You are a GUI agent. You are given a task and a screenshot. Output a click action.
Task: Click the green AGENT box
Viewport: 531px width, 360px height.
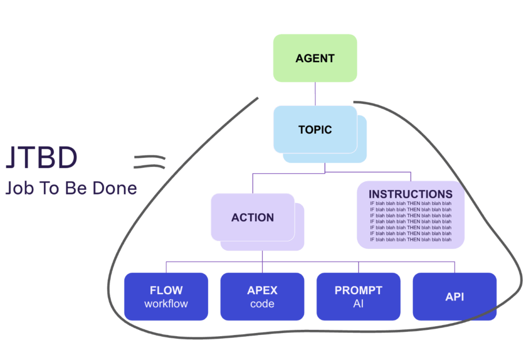[315, 58]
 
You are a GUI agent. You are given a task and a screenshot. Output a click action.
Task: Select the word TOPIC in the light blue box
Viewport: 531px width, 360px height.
[315, 130]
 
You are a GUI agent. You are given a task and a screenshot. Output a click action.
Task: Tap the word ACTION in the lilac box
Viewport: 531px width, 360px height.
[253, 217]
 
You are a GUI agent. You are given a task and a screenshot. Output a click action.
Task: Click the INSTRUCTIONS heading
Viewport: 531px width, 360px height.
[410, 194]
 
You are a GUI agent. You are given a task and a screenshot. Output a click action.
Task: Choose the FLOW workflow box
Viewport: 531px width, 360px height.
[166, 296]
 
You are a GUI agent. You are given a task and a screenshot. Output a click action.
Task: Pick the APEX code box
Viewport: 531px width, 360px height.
[262, 296]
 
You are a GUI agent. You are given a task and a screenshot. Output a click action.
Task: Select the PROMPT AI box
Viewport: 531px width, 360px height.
[358, 296]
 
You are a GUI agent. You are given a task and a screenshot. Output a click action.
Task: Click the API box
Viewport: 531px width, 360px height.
[454, 296]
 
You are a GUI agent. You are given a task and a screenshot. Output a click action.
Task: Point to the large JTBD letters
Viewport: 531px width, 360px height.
[41, 158]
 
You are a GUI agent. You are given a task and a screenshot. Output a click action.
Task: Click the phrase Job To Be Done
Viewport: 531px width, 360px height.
[71, 188]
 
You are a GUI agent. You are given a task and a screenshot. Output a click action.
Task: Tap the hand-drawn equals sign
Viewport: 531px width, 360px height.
[149, 162]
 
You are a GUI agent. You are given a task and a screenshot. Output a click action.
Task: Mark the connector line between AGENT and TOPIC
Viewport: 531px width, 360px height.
[315, 94]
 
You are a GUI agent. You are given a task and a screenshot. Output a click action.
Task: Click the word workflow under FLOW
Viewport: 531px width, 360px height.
[166, 303]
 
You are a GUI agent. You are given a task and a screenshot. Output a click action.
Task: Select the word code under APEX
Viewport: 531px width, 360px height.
[262, 303]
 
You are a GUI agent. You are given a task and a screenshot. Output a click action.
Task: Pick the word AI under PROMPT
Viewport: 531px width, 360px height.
[358, 303]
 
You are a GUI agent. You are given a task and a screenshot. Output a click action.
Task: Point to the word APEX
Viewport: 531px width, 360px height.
[262, 290]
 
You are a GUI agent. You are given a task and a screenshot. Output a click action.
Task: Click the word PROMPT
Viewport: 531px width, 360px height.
[358, 290]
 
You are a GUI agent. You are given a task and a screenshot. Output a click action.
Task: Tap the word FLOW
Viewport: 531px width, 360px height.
[166, 290]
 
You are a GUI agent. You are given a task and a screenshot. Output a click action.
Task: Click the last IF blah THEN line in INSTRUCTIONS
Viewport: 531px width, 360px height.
[410, 240]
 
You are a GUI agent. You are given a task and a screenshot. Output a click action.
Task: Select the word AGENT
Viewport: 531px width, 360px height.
[315, 59]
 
